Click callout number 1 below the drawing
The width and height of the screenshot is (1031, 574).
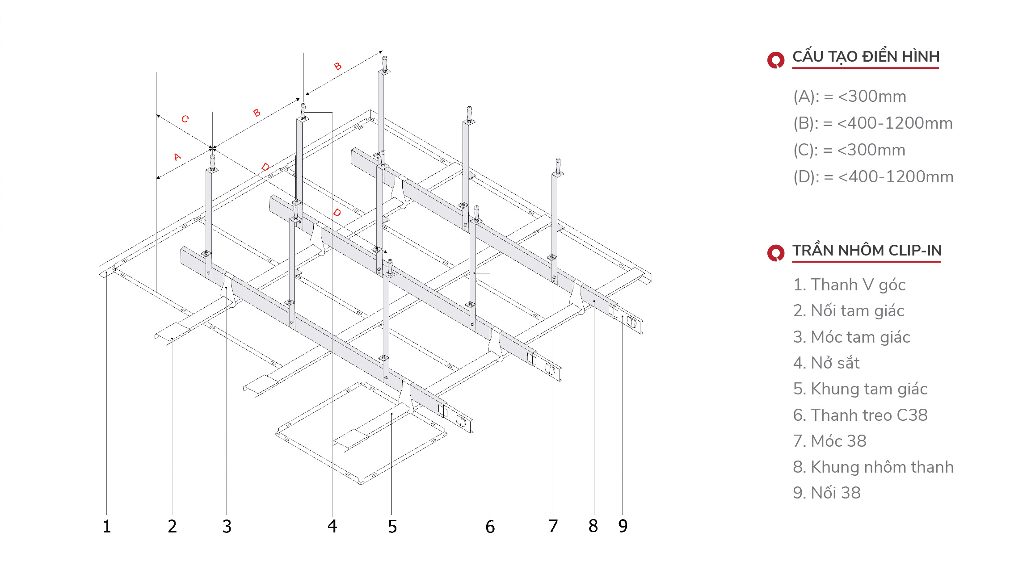point(107,526)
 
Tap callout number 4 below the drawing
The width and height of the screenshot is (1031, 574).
point(332,526)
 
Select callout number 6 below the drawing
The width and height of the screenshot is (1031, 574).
point(490,527)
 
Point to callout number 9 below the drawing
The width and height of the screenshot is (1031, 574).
point(623,526)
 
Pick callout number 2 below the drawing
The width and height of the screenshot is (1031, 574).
point(173,526)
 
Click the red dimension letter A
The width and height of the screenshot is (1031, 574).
point(177,157)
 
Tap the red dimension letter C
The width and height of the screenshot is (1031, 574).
point(185,119)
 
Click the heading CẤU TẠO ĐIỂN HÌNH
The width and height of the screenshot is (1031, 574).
point(866,57)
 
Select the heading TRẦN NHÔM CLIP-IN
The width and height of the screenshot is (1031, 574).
point(867,250)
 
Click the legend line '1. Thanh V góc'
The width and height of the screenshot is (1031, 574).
point(849,285)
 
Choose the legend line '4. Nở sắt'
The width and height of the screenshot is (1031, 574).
point(826,363)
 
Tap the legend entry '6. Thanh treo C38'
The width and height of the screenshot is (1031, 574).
point(860,415)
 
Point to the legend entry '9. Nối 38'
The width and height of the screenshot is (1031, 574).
point(827,493)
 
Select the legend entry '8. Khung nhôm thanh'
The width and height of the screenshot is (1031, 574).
point(873,467)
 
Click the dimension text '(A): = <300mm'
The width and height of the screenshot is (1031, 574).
point(850,96)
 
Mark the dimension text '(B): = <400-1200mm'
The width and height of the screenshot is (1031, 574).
point(873,123)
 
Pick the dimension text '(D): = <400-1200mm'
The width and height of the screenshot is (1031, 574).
point(873,177)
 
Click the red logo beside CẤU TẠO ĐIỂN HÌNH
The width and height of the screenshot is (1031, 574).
point(776,60)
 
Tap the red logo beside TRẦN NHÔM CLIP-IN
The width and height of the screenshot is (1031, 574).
point(776,253)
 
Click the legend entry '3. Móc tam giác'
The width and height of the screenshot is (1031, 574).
point(851,337)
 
